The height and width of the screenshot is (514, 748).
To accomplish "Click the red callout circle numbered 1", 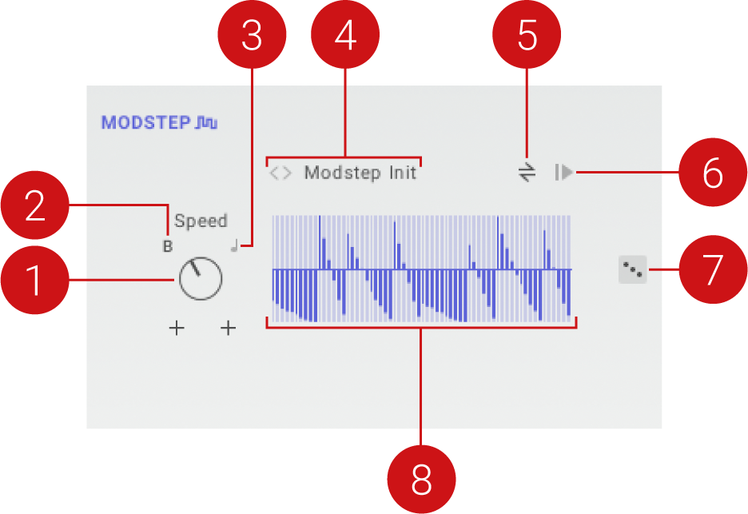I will coord(34,281).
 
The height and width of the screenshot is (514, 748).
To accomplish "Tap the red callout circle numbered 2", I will coord(34,206).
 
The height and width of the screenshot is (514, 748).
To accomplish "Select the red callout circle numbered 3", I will coord(252,35).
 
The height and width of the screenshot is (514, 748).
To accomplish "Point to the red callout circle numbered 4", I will coord(345,35).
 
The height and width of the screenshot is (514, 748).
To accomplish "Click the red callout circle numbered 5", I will coord(527,35).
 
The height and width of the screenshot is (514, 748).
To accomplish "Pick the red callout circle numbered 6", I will coord(713,172).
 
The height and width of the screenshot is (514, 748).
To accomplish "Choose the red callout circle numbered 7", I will coord(713,270).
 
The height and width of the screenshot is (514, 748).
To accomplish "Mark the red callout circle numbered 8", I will coord(421,479).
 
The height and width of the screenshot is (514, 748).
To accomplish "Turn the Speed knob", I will coord(201,279).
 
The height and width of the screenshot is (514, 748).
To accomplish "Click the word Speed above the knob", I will coord(201,221).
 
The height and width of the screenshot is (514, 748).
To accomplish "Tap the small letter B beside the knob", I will coord(168,247).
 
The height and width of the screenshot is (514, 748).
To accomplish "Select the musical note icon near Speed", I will coord(234,246).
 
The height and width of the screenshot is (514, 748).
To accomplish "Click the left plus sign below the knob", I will coord(177,328).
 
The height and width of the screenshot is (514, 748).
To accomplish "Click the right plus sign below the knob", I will coord(229,328).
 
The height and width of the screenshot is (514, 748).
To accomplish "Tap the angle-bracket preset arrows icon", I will coord(280,173).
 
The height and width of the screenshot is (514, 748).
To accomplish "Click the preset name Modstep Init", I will coord(360,173).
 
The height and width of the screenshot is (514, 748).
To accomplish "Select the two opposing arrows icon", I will coord(526,172).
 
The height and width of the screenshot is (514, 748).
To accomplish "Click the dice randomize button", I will coord(632,270).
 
